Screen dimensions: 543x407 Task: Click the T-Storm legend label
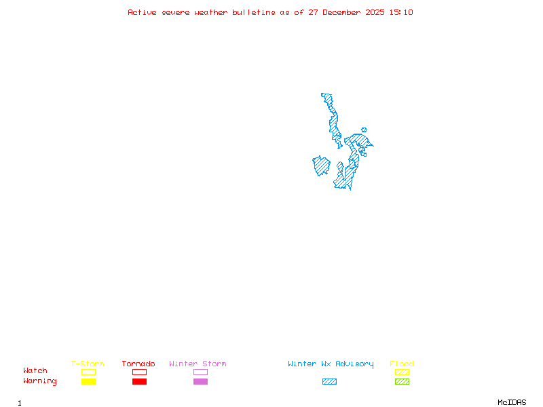pos(88,364)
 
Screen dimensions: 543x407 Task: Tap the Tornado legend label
pos(138,364)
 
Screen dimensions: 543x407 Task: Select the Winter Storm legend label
pos(198,364)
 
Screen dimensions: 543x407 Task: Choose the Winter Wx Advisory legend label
pos(331,364)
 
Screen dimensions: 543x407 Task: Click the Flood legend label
pos(402,364)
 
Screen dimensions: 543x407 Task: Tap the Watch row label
pos(35,371)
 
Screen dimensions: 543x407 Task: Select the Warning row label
pos(40,381)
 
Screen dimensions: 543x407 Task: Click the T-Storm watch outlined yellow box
pos(88,372)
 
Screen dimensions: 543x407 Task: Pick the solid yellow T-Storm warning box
pos(88,381)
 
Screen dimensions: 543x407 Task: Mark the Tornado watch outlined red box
pos(139,372)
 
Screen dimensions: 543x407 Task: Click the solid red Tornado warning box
pos(139,381)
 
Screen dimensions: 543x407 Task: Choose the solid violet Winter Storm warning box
pos(200,381)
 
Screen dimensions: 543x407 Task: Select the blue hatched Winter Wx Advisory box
pos(329,381)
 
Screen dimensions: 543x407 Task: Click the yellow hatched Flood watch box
pos(402,372)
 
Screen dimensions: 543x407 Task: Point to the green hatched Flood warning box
pos(402,381)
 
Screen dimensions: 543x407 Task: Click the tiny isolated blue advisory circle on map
pos(364,130)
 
